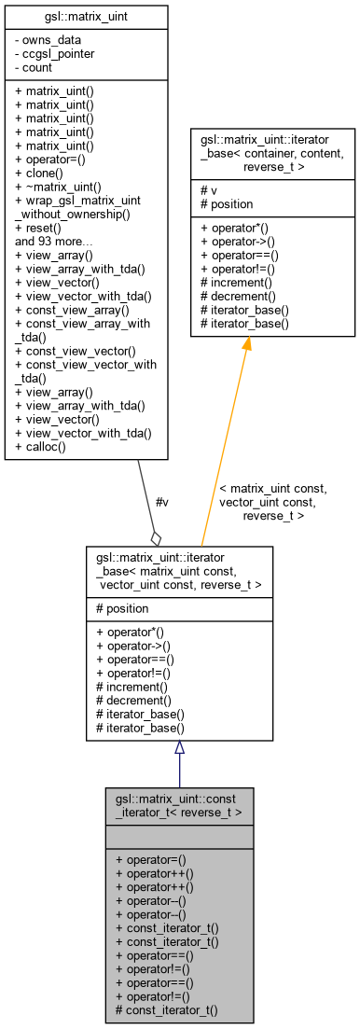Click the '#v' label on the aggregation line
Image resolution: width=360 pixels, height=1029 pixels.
pyautogui.click(x=161, y=502)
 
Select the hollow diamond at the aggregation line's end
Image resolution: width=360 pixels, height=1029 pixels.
pyautogui.click(x=157, y=537)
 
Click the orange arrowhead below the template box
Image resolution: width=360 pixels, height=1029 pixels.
pyautogui.click(x=247, y=345)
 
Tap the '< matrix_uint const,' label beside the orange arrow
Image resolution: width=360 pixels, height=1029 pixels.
pyautogui.click(x=272, y=488)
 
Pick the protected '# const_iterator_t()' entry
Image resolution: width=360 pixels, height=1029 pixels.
pyautogui.click(x=166, y=1010)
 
